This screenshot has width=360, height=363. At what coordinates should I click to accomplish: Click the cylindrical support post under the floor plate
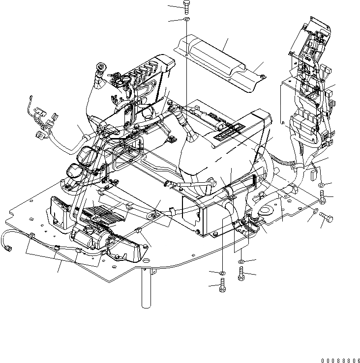[145, 290]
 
